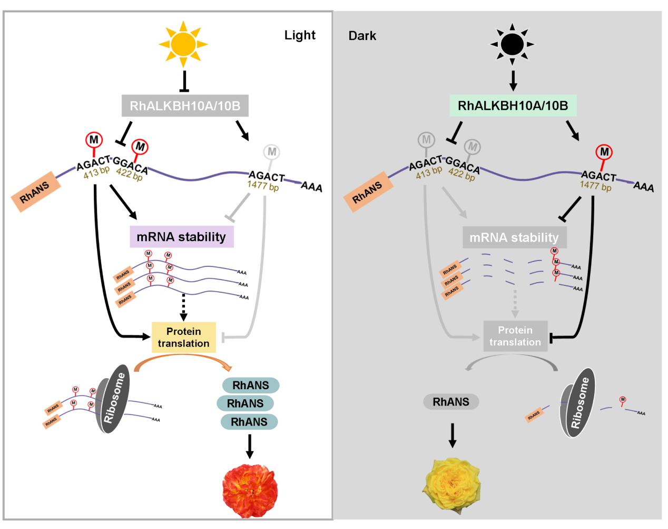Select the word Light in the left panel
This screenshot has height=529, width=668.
click(300, 35)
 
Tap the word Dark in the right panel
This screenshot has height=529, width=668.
click(362, 36)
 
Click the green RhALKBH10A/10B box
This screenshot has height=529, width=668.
click(513, 105)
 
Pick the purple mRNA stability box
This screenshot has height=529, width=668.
click(181, 236)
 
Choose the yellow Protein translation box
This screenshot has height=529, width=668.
click(184, 338)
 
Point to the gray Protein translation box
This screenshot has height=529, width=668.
click(515, 336)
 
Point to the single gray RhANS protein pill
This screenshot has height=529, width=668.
click(451, 402)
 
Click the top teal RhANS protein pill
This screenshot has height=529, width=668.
click(250, 386)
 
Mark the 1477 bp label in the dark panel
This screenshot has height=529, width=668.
click(596, 186)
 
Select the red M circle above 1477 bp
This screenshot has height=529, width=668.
click(604, 152)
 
